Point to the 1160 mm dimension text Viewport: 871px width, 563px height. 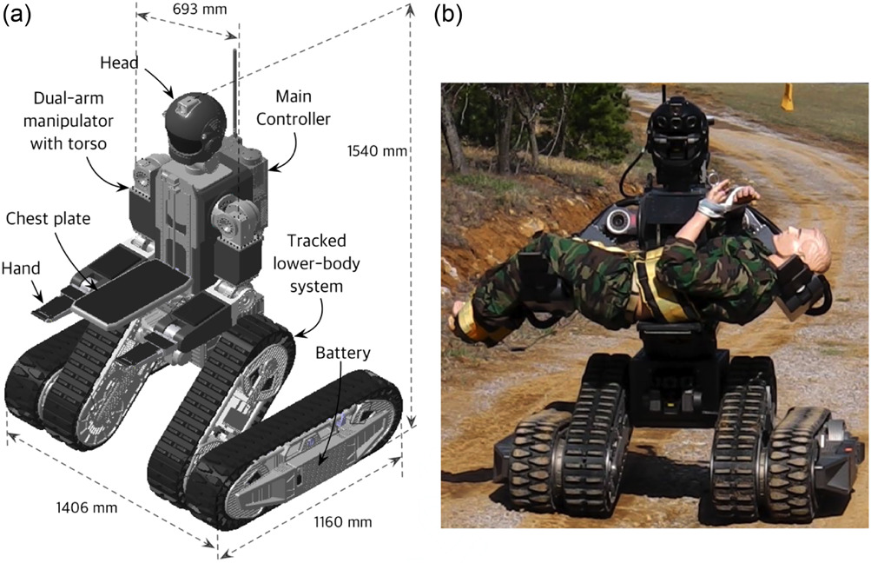point(341,522)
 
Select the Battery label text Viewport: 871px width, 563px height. point(342,354)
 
